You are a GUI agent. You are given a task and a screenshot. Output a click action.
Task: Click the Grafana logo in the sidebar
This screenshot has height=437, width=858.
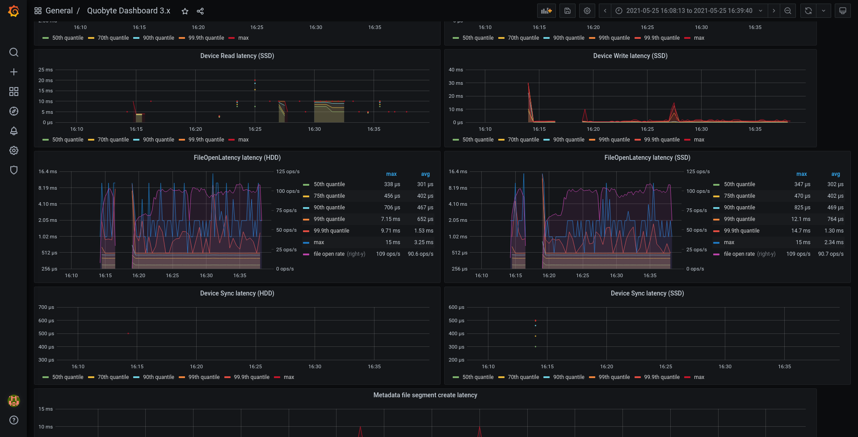click(x=14, y=11)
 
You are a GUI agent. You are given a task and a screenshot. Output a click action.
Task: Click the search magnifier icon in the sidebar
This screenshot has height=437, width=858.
click(x=14, y=52)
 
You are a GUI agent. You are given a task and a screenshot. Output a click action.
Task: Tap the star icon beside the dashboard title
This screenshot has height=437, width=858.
click(x=185, y=11)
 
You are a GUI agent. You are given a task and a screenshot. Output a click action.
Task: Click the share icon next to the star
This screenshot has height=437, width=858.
click(x=200, y=11)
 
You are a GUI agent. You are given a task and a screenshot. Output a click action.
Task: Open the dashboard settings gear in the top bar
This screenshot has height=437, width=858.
click(x=587, y=11)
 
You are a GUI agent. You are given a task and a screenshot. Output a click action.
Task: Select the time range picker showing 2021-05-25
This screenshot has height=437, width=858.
click(x=689, y=11)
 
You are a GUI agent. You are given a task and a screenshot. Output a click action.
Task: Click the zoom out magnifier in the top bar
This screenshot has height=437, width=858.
click(x=788, y=11)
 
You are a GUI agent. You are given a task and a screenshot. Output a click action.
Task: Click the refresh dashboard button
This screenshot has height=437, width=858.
click(x=808, y=11)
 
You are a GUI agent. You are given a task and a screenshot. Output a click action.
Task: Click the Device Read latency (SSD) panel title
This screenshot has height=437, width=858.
click(x=237, y=56)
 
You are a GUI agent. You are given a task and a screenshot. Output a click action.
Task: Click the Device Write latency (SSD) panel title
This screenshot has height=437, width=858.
click(x=630, y=56)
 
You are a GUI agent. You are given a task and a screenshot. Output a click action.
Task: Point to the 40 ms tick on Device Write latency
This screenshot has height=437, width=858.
click(x=456, y=70)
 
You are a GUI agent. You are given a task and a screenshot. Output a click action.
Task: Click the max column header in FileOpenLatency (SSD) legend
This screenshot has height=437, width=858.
click(x=802, y=174)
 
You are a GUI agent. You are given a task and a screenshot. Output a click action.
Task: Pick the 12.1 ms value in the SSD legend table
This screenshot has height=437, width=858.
click(x=801, y=219)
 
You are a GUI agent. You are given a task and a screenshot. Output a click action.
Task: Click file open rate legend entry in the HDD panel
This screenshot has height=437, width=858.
click(x=329, y=254)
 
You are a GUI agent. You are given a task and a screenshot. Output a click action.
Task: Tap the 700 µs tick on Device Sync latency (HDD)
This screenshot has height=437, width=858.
click(x=46, y=307)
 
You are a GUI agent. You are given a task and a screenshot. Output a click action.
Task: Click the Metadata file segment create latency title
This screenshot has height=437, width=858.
click(x=425, y=395)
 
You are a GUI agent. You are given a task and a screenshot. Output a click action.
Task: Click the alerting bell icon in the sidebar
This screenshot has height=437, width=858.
click(x=14, y=131)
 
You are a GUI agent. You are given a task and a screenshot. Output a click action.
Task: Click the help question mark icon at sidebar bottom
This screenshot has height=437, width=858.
click(x=14, y=420)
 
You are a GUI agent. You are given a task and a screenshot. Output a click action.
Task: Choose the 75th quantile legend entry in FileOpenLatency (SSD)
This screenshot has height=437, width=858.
click(x=739, y=196)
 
